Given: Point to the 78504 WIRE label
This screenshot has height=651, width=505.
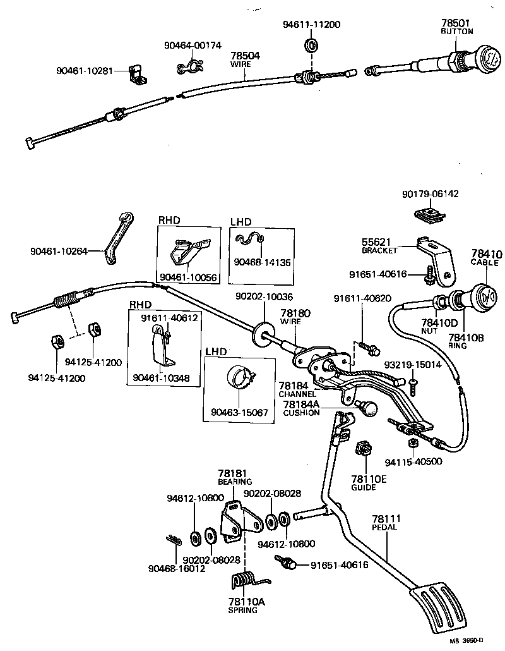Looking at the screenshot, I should pyautogui.click(x=245, y=59).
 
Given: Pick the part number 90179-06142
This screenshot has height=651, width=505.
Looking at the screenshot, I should pyautogui.click(x=430, y=194).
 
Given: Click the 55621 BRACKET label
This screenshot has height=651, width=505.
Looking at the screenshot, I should pyautogui.click(x=379, y=246).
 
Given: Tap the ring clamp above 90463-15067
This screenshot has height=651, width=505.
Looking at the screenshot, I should pyautogui.click(x=240, y=378).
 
